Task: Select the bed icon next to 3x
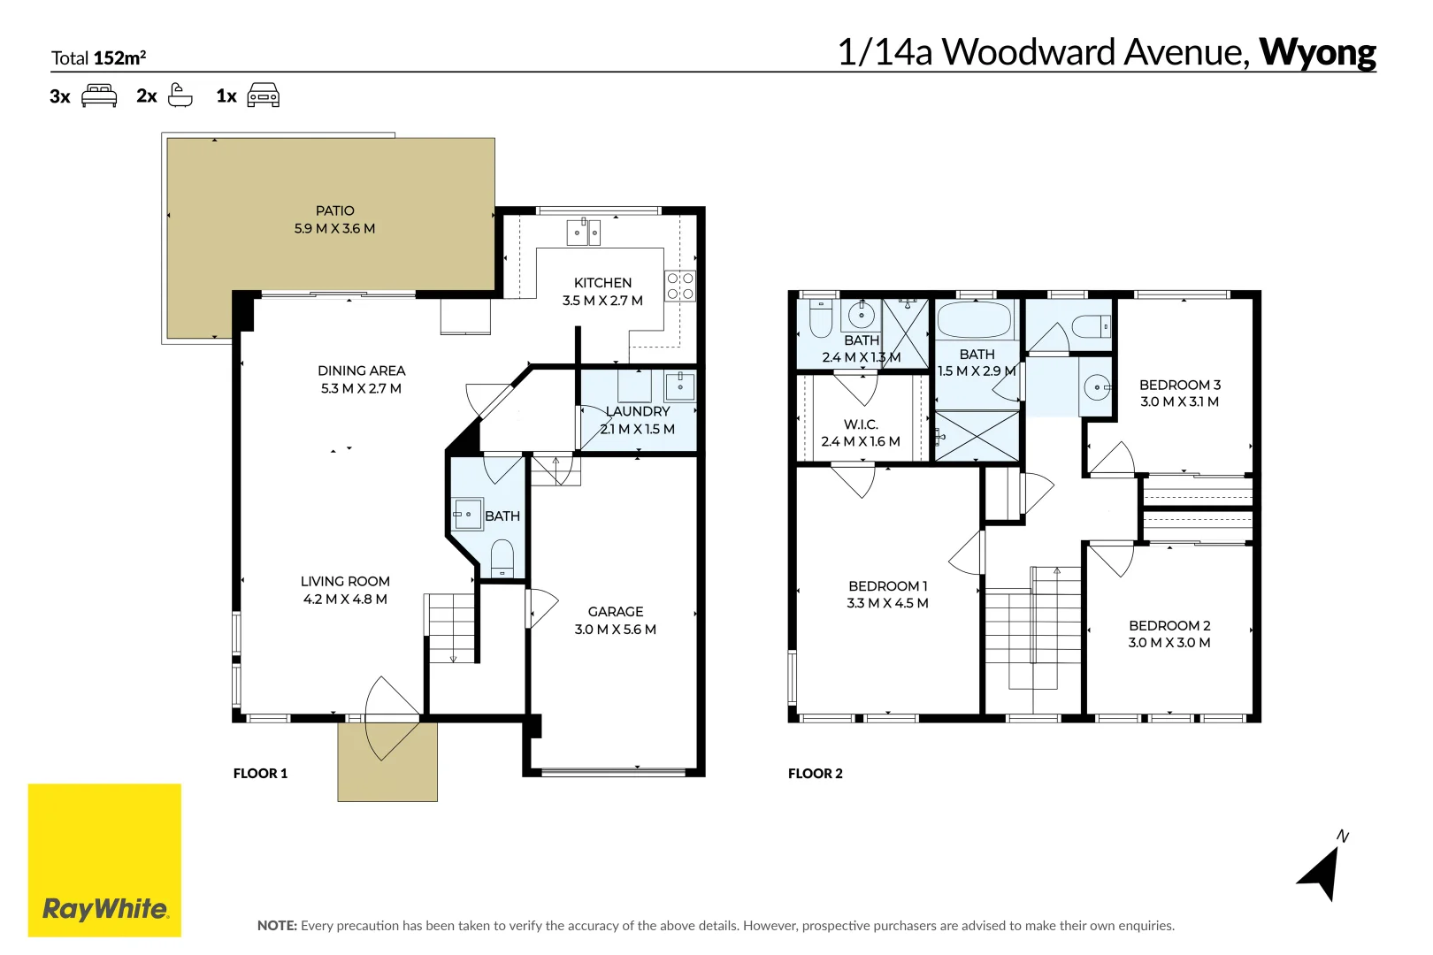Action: [x=99, y=95]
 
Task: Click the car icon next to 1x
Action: [x=263, y=95]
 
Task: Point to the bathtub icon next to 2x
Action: [x=180, y=95]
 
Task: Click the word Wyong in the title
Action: [x=1317, y=53]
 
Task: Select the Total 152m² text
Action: [x=98, y=58]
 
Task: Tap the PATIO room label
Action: [x=334, y=210]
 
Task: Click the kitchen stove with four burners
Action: [x=680, y=286]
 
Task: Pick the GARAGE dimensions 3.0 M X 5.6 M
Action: [x=615, y=630]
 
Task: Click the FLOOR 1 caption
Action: [x=260, y=774]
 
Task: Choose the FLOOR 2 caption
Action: [x=815, y=774]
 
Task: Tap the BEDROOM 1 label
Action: [x=887, y=586]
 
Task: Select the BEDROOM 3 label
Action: [x=1179, y=385]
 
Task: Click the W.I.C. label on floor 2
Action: [x=860, y=424]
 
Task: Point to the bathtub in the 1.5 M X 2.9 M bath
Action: [x=974, y=320]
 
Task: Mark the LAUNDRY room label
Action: [x=638, y=411]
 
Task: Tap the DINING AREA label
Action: [x=361, y=371]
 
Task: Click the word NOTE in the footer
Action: [x=276, y=926]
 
